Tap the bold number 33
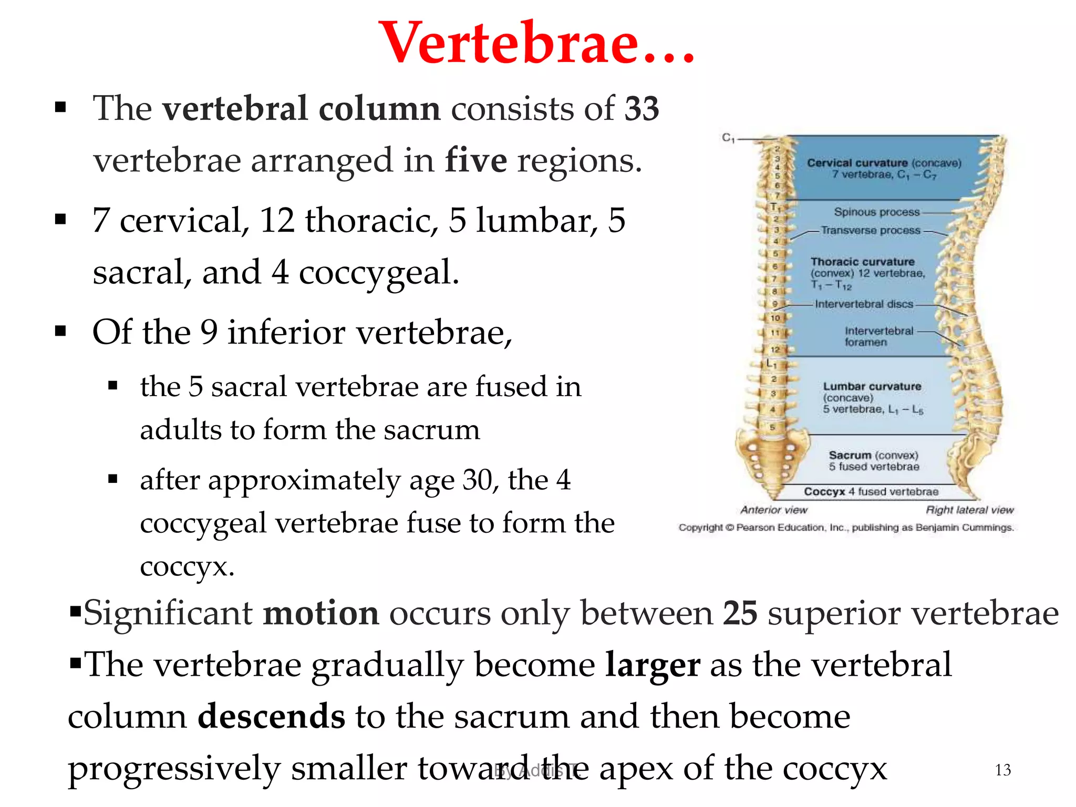(642, 109)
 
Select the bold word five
(476, 160)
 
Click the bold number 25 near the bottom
(740, 613)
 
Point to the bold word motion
(320, 613)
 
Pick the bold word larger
(653, 665)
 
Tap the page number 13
(1002, 770)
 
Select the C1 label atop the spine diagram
(728, 138)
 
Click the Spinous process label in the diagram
(876, 212)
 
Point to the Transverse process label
(871, 231)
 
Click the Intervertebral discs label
(864, 304)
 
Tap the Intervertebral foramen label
(878, 336)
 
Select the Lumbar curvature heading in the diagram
(872, 387)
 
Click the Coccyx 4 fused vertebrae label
(871, 492)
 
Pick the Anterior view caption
(773, 510)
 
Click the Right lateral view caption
(969, 510)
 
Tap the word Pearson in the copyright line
(756, 527)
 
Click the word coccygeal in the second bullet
(378, 273)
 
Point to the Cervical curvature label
(857, 163)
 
